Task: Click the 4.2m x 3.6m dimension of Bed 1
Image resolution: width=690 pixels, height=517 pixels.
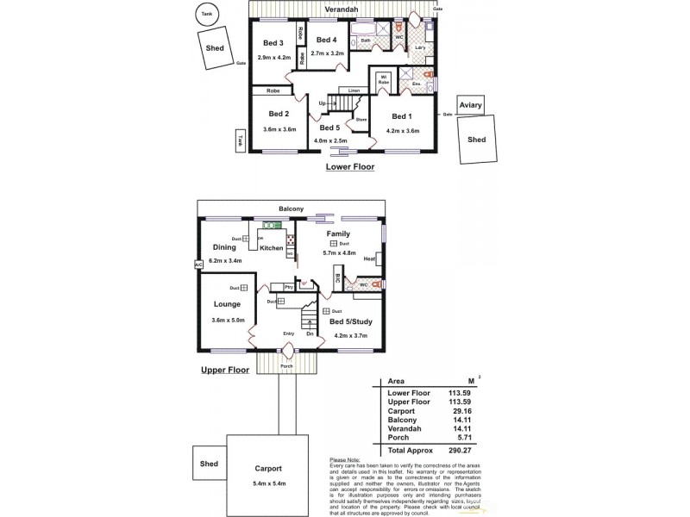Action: pyautogui.click(x=402, y=132)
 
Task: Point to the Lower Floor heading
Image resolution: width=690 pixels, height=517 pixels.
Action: pyautogui.click(x=349, y=167)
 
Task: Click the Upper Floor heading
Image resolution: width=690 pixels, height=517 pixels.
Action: pyautogui.click(x=224, y=370)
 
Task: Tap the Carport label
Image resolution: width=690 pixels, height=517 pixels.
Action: pyautogui.click(x=267, y=469)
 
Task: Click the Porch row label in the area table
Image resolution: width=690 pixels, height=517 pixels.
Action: pyautogui.click(x=398, y=438)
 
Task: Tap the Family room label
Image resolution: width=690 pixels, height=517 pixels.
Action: pyautogui.click(x=337, y=234)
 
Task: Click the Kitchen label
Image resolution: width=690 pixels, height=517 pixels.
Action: pyautogui.click(x=272, y=248)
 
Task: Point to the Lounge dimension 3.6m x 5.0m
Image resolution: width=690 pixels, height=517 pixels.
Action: pyautogui.click(x=228, y=321)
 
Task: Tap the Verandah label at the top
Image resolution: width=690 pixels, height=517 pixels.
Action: pyautogui.click(x=342, y=9)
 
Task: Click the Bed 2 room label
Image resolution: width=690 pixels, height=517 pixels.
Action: pyautogui.click(x=278, y=114)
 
